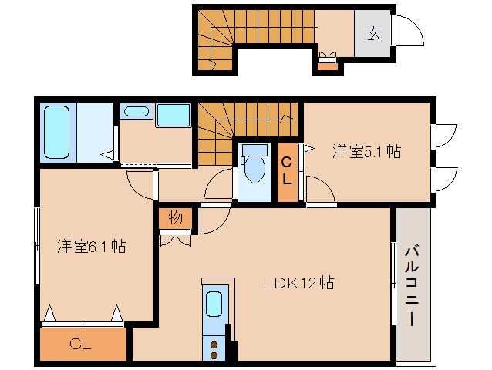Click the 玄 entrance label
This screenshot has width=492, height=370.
(373, 34)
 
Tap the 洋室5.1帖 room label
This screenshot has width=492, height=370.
(366, 151)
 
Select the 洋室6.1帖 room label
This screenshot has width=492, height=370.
(91, 247)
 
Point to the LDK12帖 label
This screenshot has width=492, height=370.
(299, 283)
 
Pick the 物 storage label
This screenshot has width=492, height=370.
(175, 218)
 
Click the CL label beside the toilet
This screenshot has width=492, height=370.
(285, 173)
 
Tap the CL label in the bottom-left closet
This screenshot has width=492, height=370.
(81, 345)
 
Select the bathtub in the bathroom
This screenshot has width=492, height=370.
(58, 132)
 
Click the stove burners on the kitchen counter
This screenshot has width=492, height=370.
(214, 348)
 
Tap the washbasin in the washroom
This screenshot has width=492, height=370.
(136, 112)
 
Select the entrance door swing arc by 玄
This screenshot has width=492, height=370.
(408, 33)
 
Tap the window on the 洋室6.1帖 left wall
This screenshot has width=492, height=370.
(36, 247)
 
